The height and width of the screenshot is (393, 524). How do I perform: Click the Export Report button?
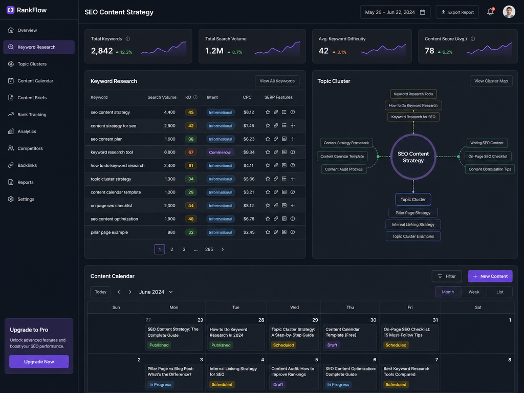coord(457,12)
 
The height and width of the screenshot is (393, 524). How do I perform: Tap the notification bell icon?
coord(490,12)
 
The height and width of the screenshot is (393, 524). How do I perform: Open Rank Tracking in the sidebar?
coord(32,115)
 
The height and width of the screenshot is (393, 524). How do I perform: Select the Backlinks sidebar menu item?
coord(27,165)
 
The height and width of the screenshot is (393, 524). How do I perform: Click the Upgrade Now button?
coord(39,362)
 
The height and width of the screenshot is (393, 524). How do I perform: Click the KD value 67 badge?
coord(191,152)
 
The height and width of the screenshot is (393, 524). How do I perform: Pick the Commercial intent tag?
coord(220,152)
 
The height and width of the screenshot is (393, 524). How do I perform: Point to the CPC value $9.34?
coord(249,152)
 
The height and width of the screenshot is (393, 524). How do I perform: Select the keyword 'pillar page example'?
coord(110,232)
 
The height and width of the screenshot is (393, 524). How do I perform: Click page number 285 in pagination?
coord(209,249)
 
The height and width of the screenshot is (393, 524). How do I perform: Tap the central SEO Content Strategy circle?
coord(413,157)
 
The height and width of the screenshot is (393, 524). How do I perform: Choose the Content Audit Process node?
coord(344,169)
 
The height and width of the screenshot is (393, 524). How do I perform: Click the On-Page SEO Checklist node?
coord(488,157)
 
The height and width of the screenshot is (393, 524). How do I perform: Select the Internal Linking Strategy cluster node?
coord(413,225)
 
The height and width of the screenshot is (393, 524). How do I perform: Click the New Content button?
coord(490,276)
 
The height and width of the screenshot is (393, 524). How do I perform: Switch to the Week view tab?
coord(474,292)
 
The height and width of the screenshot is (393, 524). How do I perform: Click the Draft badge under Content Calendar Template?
coord(332,345)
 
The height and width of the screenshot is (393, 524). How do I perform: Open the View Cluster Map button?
coord(491,81)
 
